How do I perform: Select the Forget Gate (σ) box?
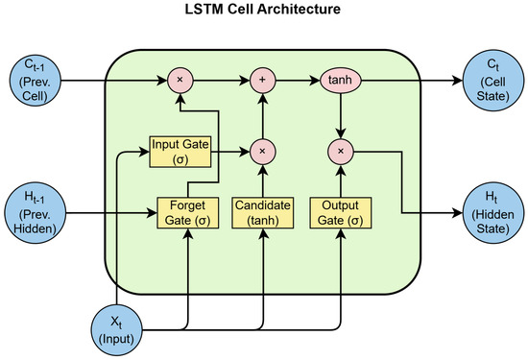[x=187, y=210]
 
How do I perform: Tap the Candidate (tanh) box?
[x=261, y=210]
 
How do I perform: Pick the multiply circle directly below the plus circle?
[x=261, y=151]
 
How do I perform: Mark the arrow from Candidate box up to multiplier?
[x=261, y=179]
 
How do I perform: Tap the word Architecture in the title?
[x=312, y=12]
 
